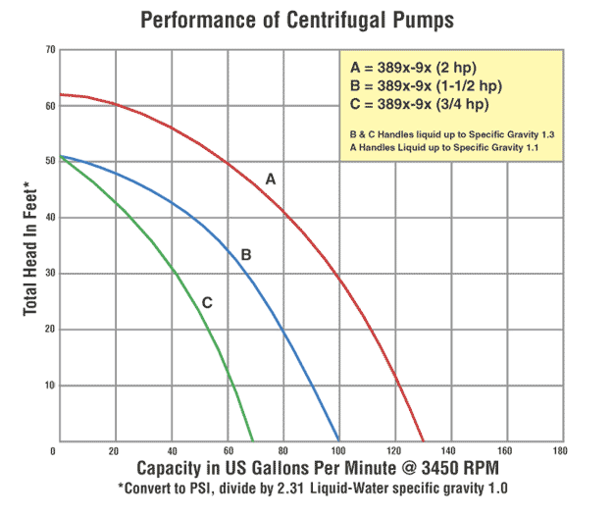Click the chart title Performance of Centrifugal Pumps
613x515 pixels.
(306, 19)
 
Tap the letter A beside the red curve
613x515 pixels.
(271, 180)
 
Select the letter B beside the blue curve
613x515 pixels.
(246, 255)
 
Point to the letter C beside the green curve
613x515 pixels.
(207, 302)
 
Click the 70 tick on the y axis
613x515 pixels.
(49, 47)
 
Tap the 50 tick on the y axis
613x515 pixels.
(49, 160)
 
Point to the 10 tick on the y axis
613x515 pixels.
(49, 385)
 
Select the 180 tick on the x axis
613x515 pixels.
(560, 451)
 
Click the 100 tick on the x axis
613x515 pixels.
(338, 451)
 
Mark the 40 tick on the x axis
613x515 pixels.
(172, 451)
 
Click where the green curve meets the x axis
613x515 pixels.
(253, 440)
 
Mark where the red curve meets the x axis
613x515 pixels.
(424, 440)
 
